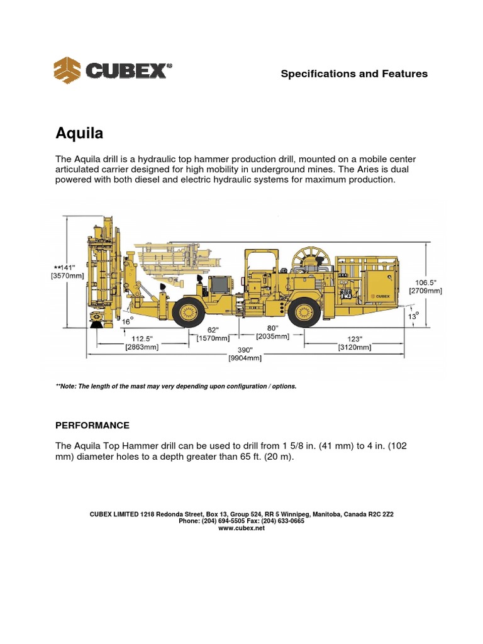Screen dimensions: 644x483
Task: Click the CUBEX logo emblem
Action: pos(68,70)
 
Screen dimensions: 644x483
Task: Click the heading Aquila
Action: pos(80,134)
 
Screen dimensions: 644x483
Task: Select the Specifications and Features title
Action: pos(354,74)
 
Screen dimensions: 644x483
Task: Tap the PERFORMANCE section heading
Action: pos(93,425)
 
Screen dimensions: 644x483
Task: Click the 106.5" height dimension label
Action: pos(426,282)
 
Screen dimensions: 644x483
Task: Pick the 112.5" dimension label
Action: pos(143,338)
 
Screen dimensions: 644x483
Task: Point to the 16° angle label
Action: pos(128,321)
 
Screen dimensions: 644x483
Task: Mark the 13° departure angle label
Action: pos(412,316)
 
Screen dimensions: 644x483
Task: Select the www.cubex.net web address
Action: pos(241,528)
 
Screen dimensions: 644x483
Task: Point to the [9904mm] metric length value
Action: pos(244,358)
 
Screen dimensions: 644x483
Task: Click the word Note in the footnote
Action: pos(70,386)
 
